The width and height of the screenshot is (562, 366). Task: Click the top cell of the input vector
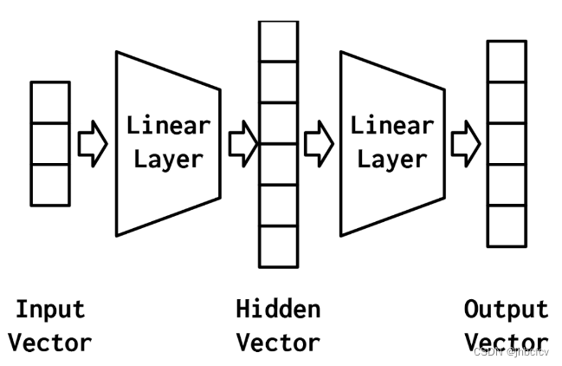[x=49, y=101]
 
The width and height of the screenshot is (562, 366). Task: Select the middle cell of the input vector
[x=49, y=143]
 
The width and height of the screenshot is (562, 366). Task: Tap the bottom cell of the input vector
[x=49, y=184]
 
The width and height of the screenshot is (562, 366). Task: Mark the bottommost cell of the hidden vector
[x=279, y=246]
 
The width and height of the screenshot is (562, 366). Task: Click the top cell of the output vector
[x=506, y=61]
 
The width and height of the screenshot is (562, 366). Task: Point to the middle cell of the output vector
[x=506, y=144]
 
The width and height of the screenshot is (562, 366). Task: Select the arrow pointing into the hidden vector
[x=243, y=143]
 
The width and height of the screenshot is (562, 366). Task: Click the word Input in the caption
[x=51, y=310]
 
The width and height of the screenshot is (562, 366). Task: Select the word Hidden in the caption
[x=278, y=310]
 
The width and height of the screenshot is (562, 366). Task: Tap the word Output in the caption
[x=506, y=310]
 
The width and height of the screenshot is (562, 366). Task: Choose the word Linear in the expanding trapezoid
[x=168, y=125]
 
